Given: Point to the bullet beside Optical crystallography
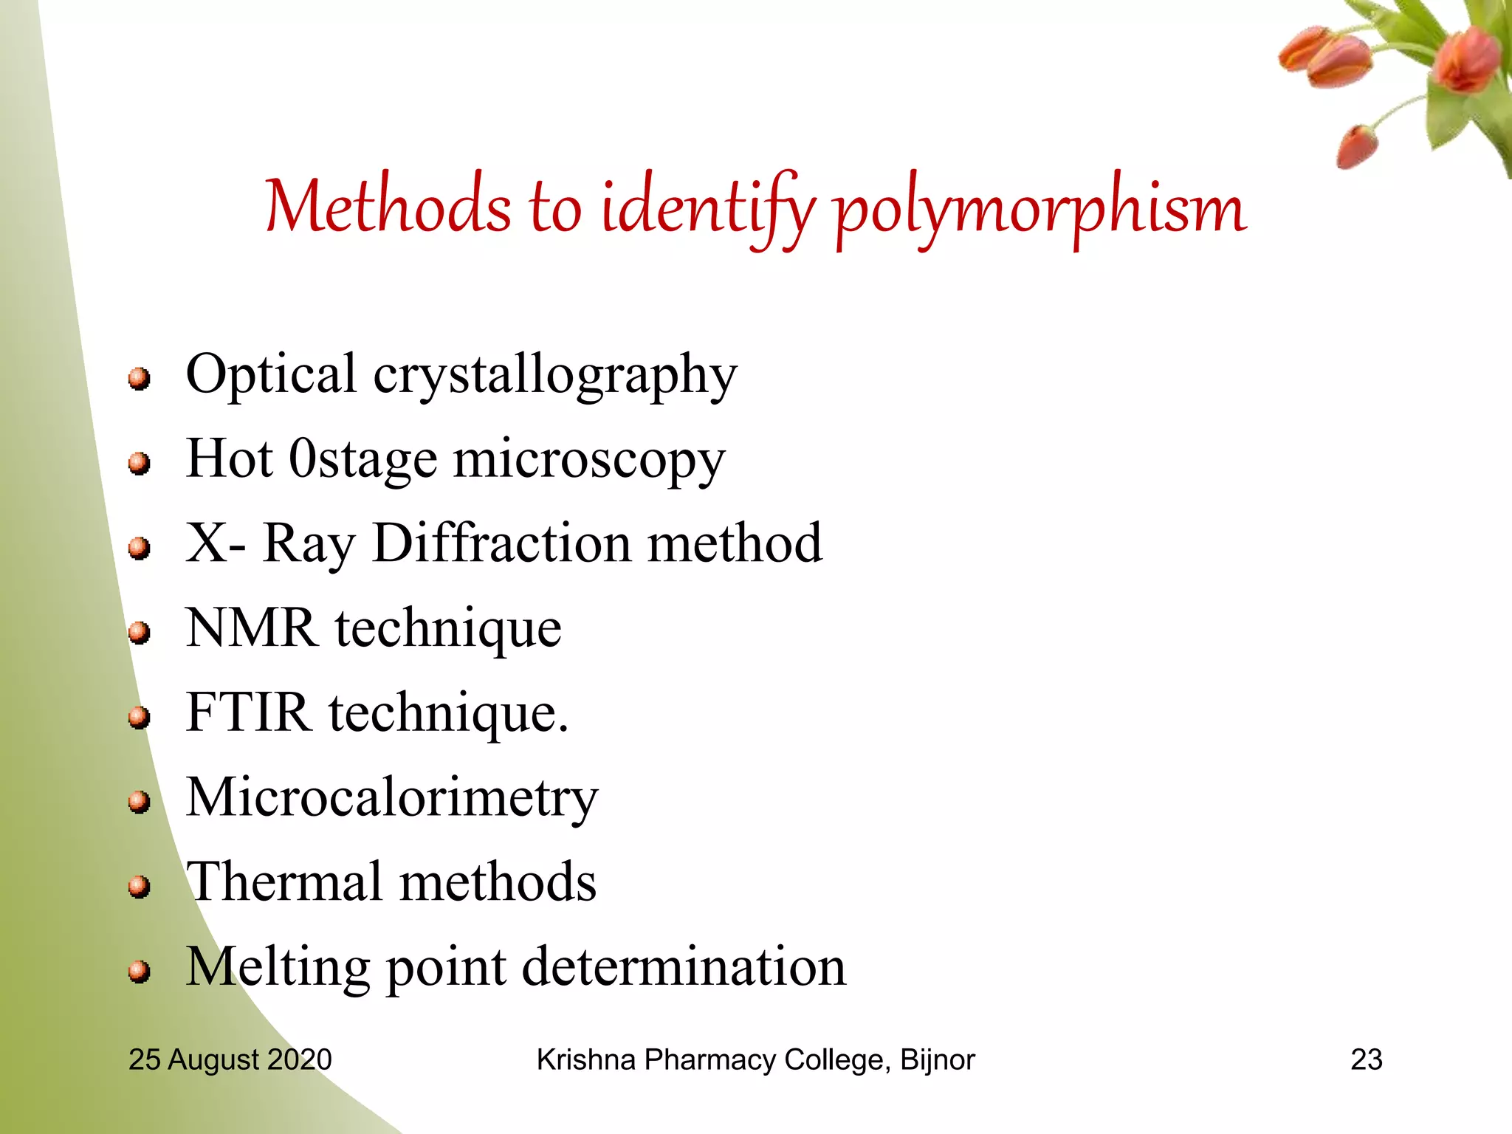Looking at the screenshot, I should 139,379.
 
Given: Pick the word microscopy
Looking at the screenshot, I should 589,461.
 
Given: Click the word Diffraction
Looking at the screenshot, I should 502,543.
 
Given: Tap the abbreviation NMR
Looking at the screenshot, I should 251,628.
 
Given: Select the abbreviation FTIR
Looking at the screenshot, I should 248,712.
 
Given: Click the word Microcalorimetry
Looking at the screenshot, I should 391,799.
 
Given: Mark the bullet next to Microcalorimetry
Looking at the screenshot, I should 139,802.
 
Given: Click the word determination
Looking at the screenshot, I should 684,967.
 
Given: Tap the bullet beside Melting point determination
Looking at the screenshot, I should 139,971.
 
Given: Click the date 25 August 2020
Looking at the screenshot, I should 230,1059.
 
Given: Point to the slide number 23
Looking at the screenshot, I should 1366,1059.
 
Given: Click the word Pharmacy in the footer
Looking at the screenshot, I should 709,1060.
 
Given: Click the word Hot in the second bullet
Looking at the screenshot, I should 230,459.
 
